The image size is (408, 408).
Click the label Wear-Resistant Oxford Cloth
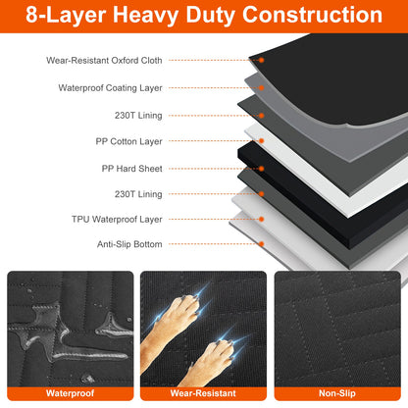[104, 61]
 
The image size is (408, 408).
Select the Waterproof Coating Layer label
[109, 87]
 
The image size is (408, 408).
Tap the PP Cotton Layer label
[129, 141]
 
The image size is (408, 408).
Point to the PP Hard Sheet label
[132, 168]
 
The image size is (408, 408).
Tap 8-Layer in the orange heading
[68, 17]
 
